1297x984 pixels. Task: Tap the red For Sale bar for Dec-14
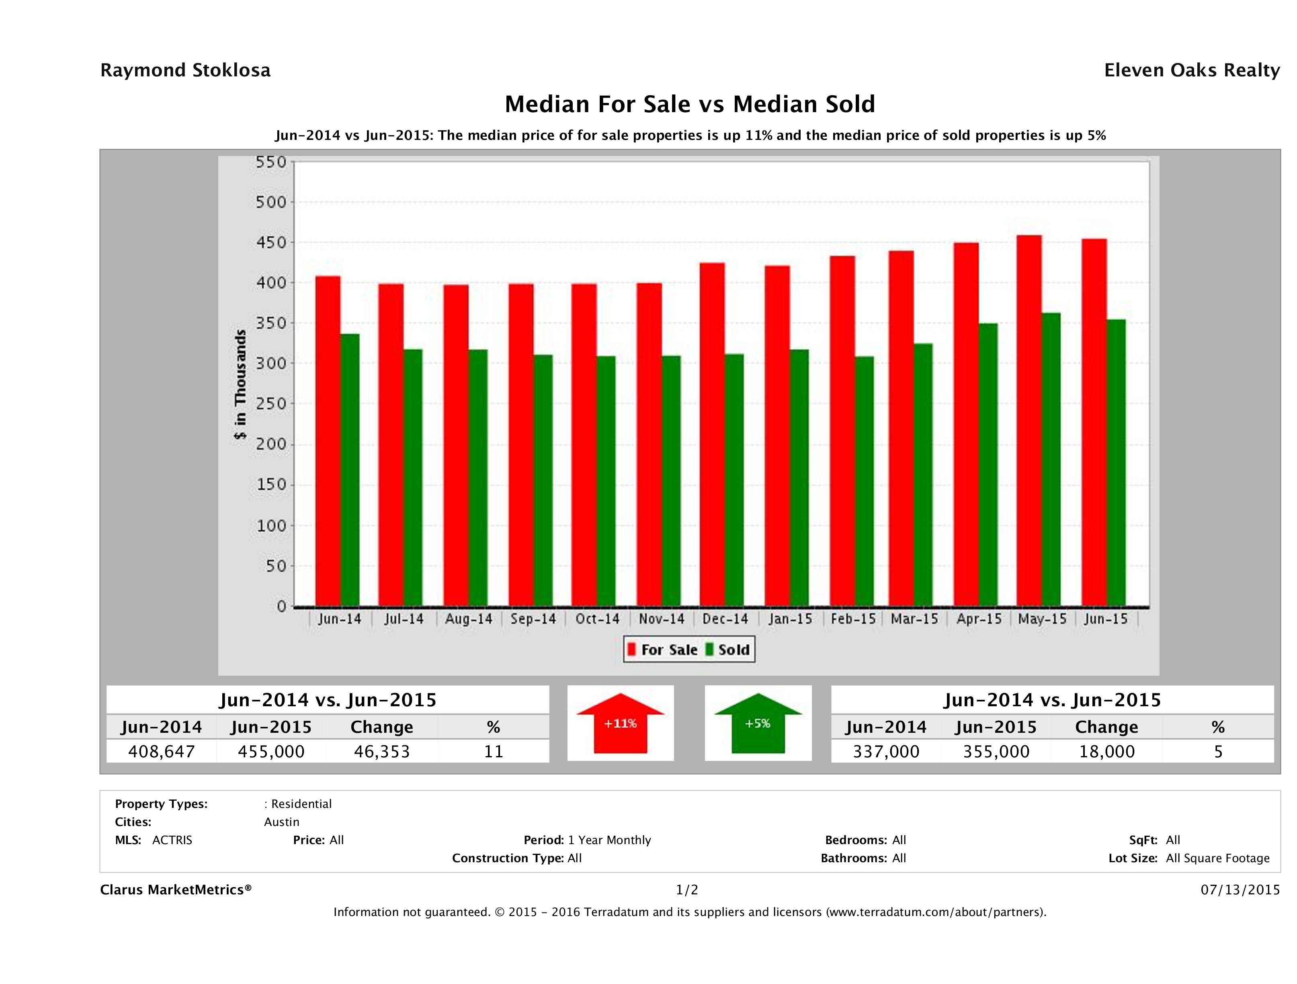coord(713,434)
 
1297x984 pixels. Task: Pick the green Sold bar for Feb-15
coord(864,481)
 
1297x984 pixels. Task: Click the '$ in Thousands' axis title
coord(240,385)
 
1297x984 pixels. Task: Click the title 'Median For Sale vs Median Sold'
coord(690,105)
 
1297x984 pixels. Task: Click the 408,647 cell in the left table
coord(161,751)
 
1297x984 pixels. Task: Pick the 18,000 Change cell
coord(1107,751)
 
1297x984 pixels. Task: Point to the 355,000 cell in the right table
coord(996,751)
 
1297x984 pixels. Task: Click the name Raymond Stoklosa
coord(185,70)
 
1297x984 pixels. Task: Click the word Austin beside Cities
coord(281,822)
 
